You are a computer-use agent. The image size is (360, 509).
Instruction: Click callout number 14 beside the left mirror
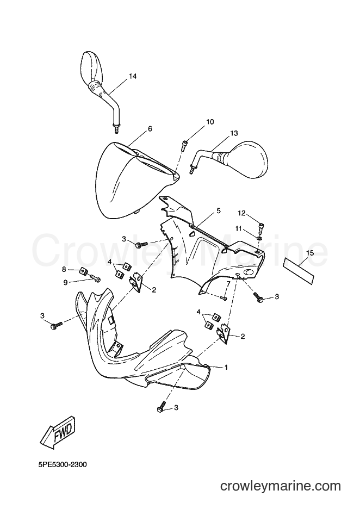(132, 76)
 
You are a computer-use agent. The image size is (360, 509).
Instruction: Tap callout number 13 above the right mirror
(234, 133)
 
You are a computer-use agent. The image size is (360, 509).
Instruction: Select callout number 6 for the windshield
(150, 128)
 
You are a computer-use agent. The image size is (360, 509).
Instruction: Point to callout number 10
(210, 122)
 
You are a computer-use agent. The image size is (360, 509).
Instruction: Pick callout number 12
(241, 213)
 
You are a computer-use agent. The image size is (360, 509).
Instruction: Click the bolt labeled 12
(262, 228)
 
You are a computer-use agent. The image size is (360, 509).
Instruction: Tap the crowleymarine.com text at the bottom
(281, 486)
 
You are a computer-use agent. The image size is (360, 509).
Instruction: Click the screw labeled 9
(95, 278)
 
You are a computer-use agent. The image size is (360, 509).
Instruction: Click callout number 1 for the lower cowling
(226, 368)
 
